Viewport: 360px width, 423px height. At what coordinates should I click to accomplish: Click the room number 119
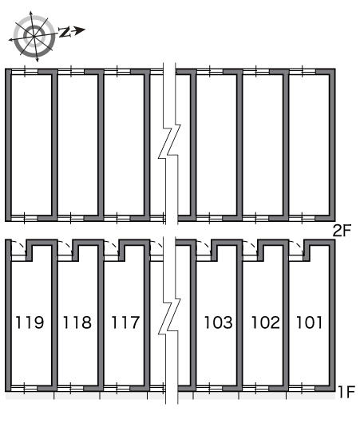click(x=30, y=322)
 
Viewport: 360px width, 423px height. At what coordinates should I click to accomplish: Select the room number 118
click(x=77, y=322)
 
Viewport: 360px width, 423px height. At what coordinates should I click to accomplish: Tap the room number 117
click(x=125, y=322)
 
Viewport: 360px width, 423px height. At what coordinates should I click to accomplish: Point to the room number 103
click(x=219, y=322)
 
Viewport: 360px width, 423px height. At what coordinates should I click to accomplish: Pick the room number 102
click(x=266, y=322)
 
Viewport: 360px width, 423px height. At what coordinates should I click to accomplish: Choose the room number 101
click(x=309, y=322)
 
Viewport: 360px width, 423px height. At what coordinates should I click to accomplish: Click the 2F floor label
click(x=342, y=231)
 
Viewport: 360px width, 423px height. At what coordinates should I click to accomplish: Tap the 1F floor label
click(x=346, y=392)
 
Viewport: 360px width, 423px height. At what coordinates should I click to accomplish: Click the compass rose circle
click(x=34, y=36)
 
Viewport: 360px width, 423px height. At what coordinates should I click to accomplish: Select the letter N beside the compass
click(x=65, y=32)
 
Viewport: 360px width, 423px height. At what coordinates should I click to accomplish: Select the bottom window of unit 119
click(x=24, y=389)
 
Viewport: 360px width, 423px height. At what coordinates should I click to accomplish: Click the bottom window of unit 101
click(x=302, y=389)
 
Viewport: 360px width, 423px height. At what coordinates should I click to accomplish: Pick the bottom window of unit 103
click(x=210, y=389)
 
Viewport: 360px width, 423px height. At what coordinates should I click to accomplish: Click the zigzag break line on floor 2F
click(x=169, y=143)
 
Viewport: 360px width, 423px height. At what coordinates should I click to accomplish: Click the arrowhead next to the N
click(x=80, y=30)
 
